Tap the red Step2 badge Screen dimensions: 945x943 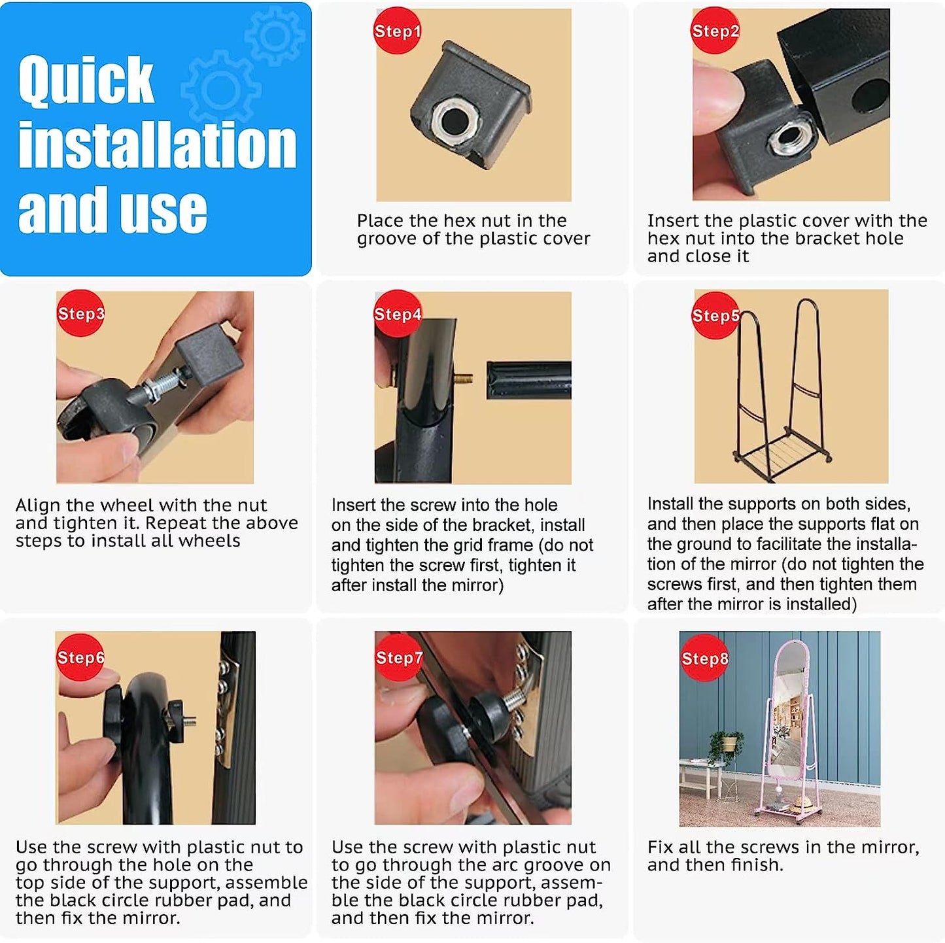click(715, 30)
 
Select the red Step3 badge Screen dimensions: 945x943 click(80, 313)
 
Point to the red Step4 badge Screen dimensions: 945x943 click(397, 313)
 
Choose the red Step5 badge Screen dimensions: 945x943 click(715, 315)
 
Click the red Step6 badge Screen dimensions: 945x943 click(80, 657)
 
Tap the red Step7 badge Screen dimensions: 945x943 click(398, 657)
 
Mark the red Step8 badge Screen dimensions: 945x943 click(704, 658)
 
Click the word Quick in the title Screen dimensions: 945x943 click(86, 80)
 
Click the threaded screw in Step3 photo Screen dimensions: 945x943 click(164, 386)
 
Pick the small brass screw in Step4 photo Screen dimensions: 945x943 click(466, 379)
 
